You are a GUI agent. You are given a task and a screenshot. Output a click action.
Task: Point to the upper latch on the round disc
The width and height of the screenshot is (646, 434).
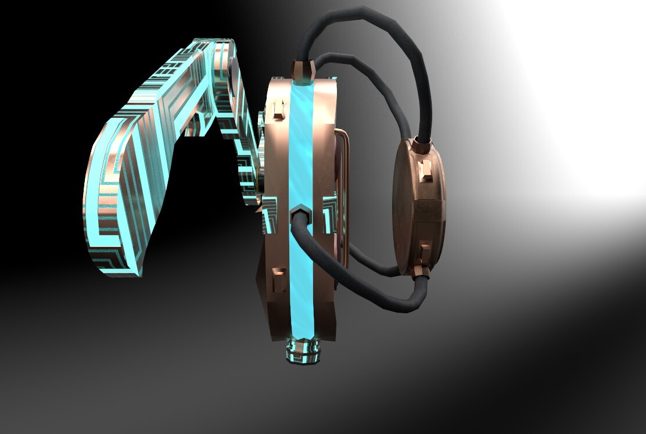click(426, 168)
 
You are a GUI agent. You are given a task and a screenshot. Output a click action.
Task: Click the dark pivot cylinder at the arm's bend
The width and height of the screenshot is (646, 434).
click(232, 73)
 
